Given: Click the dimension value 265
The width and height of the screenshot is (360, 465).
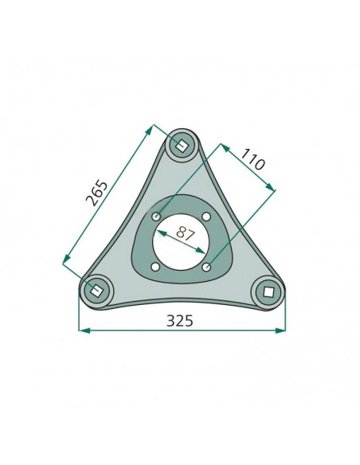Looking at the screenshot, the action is point(97,193).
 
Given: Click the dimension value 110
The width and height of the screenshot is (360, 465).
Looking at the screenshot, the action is point(252,159).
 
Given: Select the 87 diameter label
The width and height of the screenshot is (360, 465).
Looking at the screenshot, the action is point(186,233).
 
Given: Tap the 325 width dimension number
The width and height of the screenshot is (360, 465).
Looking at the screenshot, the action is point(180,321).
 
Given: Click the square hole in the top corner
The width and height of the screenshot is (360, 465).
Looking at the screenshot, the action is point(181,145).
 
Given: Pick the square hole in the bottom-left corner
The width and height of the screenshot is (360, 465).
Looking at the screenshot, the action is point(96,290).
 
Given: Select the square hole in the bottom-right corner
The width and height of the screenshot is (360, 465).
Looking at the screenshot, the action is point(268,292).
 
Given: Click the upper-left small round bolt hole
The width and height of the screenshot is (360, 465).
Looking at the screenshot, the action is point(156,217).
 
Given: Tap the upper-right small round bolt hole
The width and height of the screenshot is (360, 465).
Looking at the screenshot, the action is point(207,217).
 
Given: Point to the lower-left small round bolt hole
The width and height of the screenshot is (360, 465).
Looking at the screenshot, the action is point(155,267).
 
